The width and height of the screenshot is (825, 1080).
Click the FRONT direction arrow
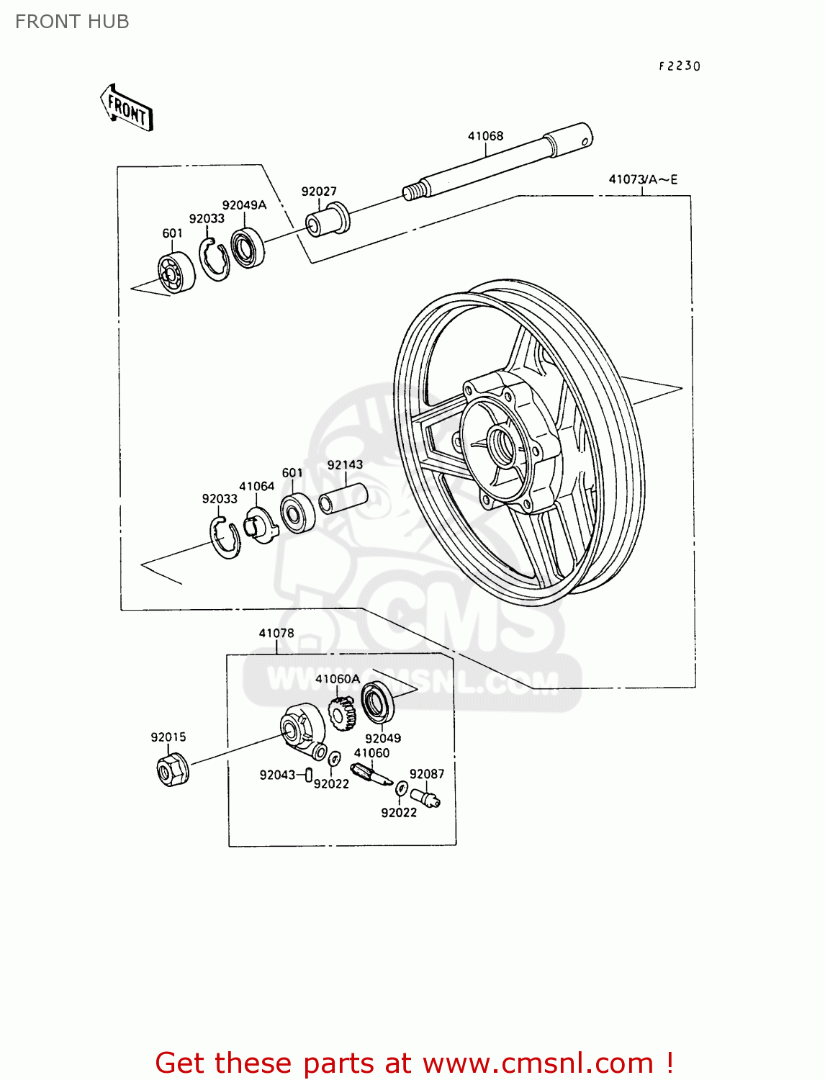point(127,108)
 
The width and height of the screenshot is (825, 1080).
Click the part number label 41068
point(485,136)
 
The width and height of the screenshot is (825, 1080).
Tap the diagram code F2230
point(679,66)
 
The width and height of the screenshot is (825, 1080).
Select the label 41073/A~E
point(643,179)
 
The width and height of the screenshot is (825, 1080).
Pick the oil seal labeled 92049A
point(248,247)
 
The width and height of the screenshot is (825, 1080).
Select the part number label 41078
point(276,634)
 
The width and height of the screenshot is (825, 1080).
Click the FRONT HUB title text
point(72,22)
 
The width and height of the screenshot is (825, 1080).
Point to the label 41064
point(257,487)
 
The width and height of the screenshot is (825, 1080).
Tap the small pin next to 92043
point(308,775)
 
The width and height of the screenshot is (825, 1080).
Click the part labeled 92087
point(425,798)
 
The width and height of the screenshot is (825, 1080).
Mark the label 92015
point(168,737)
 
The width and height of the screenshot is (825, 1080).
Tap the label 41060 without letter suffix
point(371,753)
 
